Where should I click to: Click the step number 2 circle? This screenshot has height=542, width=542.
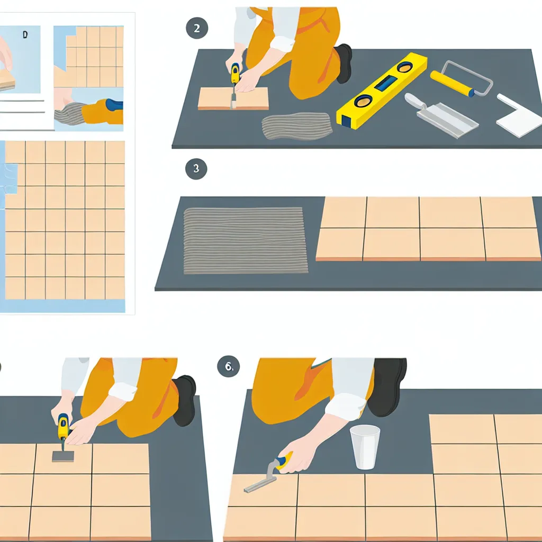point(197,28)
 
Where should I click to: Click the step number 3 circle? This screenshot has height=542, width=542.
point(196,169)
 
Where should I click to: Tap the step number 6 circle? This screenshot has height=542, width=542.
point(229,366)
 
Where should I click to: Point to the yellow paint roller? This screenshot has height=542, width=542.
point(462,79)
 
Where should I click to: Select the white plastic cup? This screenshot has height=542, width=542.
point(365,447)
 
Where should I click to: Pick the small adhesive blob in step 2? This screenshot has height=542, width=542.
point(296,126)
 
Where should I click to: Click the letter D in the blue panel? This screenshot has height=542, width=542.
point(25,34)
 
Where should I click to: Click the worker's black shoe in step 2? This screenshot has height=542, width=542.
point(344,64)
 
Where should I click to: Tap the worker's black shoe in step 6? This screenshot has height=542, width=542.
point(387,386)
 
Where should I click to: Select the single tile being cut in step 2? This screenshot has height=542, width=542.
point(233,98)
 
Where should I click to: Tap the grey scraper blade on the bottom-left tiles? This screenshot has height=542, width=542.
point(63,456)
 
